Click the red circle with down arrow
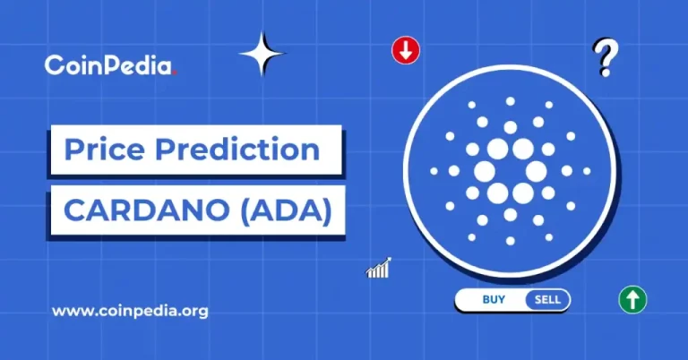tap(406, 50)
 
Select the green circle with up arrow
tap(632, 300)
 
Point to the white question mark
tap(606, 59)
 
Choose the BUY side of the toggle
tap(493, 300)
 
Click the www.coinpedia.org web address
tap(130, 312)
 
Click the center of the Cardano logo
tap(510, 170)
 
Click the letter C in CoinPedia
tap(53, 64)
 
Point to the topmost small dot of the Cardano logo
tap(510, 101)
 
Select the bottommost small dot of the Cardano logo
tap(510, 240)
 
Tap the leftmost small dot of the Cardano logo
tap(434, 170)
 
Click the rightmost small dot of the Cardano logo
tap(585, 170)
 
